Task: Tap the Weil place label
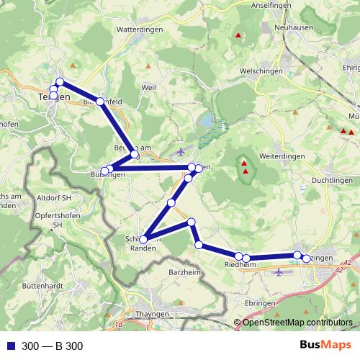pyautogui.click(x=149, y=86)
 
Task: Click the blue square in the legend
pyautogui.click(x=12, y=346)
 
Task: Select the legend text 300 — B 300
pyautogui.click(x=53, y=346)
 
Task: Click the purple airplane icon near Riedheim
pyautogui.click(x=279, y=273)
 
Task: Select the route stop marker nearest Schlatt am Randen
pyautogui.click(x=144, y=239)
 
